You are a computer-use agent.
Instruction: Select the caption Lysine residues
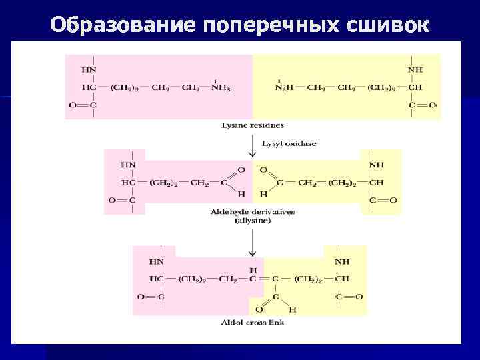253,125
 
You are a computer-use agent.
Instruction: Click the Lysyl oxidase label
289,143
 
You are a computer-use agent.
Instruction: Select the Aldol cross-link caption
252,323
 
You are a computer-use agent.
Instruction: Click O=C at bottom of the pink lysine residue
83,105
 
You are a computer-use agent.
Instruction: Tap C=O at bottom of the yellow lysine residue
423,105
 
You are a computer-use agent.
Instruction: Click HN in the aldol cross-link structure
157,262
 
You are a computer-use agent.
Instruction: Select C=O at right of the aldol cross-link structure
349,296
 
